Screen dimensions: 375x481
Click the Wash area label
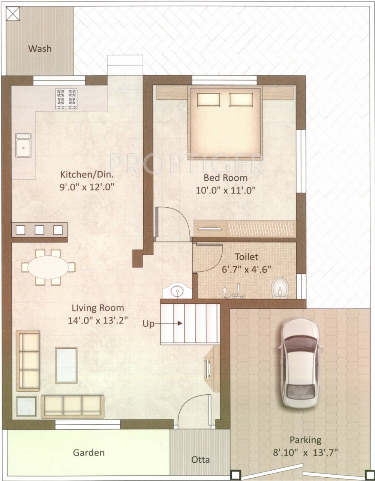[x=40, y=49]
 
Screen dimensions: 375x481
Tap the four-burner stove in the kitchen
[x=66, y=99]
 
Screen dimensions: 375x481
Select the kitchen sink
[x=23, y=145]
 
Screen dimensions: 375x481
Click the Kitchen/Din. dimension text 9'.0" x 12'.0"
[x=87, y=187]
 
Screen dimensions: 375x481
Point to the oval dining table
[x=48, y=267]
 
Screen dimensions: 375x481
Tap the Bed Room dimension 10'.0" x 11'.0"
[x=226, y=190]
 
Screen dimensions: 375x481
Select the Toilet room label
[x=246, y=257]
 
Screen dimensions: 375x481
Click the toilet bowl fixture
[x=280, y=288]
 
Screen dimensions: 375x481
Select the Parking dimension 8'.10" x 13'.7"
[x=305, y=453]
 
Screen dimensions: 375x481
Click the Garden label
[x=89, y=453]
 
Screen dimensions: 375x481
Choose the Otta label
[x=200, y=460]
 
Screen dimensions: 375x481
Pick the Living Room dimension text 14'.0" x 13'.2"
[x=97, y=321]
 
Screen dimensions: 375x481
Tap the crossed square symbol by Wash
[x=13, y=14]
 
